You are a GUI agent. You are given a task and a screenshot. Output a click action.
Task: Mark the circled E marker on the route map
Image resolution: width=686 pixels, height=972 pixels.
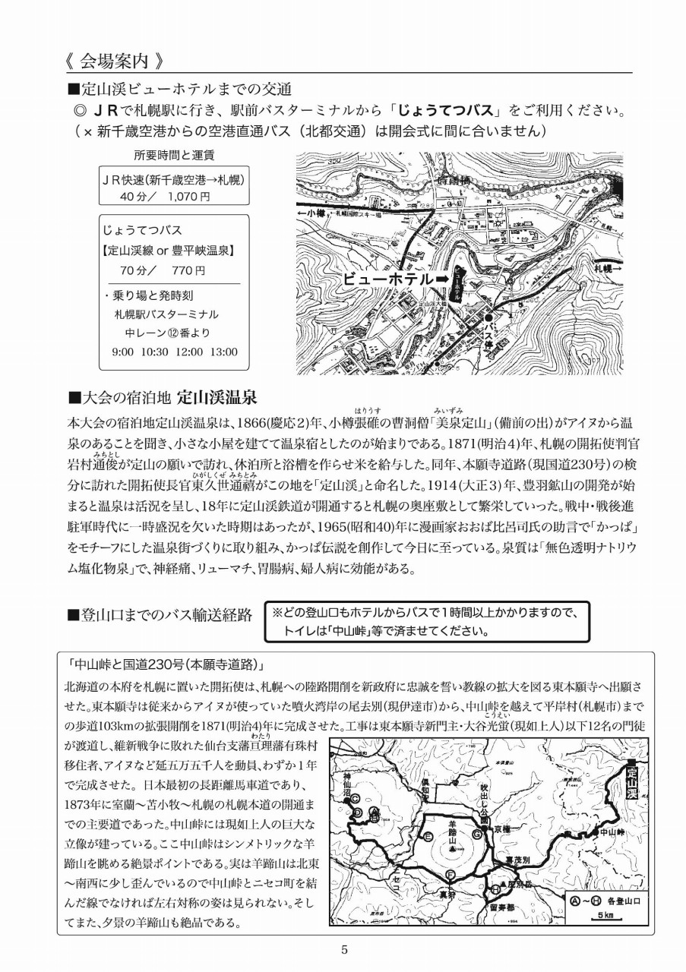click(428, 836)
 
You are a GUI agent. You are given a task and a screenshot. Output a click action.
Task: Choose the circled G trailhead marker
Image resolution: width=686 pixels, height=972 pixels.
click(477, 833)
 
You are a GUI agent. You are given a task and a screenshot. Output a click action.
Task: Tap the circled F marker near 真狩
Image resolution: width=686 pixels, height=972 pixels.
click(450, 876)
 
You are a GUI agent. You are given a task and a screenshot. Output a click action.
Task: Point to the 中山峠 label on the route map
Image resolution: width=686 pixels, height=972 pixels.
click(610, 832)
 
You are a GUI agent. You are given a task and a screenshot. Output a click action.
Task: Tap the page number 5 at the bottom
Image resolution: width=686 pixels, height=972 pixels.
click(344, 949)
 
